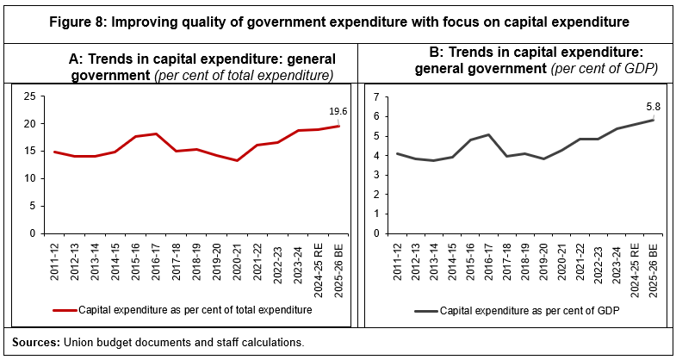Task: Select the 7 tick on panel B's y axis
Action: coord(376,96)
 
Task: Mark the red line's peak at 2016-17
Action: coord(155,133)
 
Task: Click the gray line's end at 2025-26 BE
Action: coord(653,120)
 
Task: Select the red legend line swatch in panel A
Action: coord(64,308)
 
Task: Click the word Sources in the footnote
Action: coord(36,342)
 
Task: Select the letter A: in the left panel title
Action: coord(76,59)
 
